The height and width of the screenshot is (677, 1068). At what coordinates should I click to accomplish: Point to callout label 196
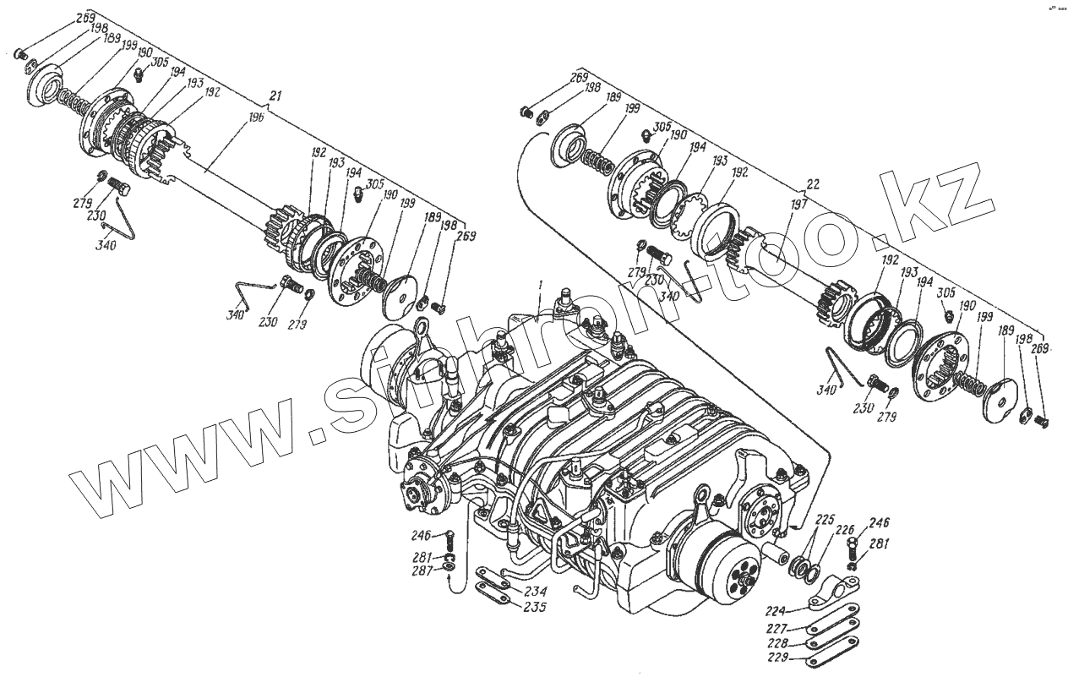256,118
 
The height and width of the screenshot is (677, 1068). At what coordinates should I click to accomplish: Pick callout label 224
776,610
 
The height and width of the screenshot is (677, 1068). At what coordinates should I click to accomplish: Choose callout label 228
776,643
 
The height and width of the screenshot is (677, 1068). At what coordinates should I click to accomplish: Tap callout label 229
776,658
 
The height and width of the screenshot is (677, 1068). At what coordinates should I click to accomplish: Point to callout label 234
534,591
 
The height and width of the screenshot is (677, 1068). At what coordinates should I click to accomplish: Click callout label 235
534,606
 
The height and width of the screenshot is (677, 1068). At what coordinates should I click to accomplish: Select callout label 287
422,571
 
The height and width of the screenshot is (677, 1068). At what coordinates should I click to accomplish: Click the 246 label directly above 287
422,535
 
